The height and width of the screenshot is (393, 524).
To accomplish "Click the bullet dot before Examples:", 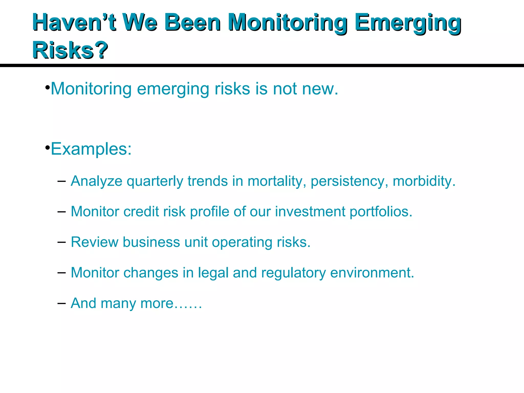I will point(47,148).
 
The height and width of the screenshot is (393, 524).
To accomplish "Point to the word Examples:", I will point(91,149).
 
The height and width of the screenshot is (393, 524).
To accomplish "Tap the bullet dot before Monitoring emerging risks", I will point(47,88).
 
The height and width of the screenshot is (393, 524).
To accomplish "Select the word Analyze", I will point(96,181).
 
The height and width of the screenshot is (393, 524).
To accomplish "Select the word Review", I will point(94,242).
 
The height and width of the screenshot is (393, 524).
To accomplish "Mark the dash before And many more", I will point(61,303).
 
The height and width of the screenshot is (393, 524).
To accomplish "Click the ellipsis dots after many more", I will point(188,307).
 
